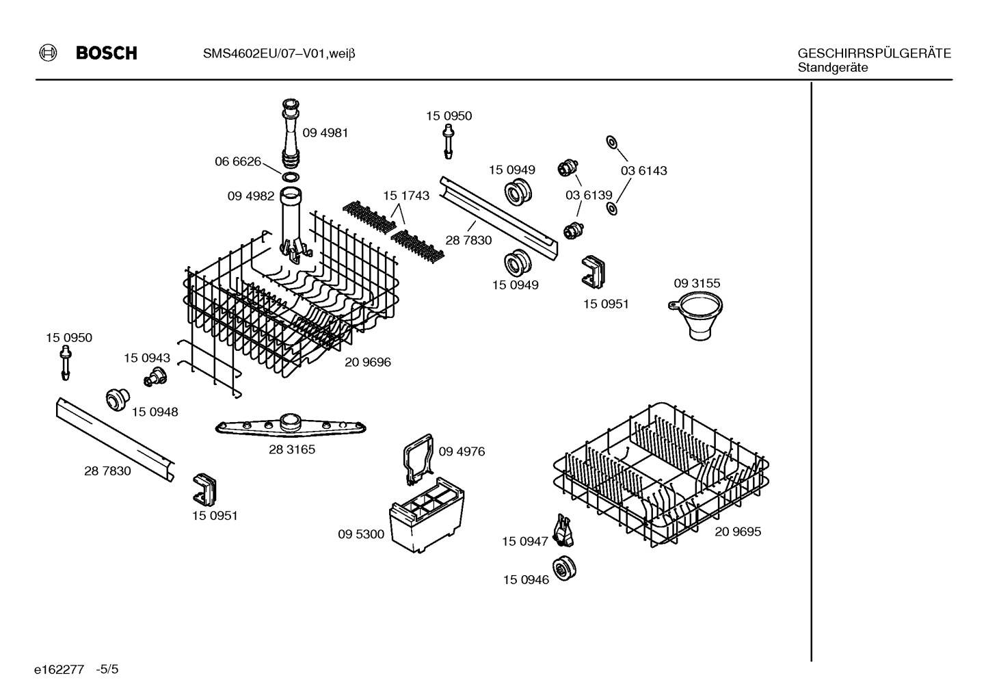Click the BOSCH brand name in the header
(x=107, y=53)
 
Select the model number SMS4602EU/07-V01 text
(x=264, y=54)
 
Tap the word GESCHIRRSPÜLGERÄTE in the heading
(x=874, y=53)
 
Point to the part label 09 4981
(x=325, y=133)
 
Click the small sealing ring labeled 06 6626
(x=291, y=177)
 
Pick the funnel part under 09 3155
(x=696, y=315)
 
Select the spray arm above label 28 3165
(x=291, y=425)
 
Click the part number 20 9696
(x=368, y=362)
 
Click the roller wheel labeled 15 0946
(x=565, y=568)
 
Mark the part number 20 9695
(x=738, y=531)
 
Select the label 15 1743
(x=406, y=195)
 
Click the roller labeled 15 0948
(x=118, y=399)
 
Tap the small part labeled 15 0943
(x=155, y=377)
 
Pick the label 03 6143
(x=643, y=170)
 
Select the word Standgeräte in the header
(x=833, y=67)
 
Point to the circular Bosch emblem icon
(x=48, y=53)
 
